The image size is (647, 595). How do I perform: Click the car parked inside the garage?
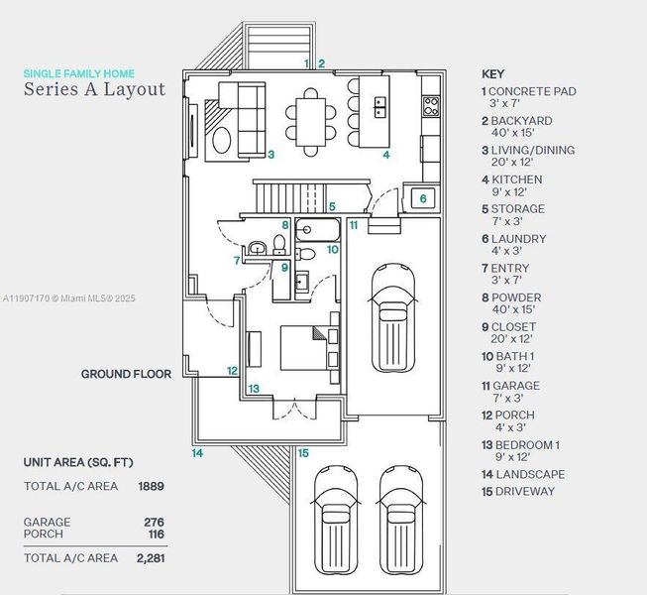click(x=393, y=318)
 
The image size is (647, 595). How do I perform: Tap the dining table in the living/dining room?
click(x=312, y=121)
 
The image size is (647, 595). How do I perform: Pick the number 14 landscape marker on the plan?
click(x=197, y=453)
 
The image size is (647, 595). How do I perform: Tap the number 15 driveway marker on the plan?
click(x=303, y=453)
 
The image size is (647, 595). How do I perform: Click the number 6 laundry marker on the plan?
click(x=423, y=198)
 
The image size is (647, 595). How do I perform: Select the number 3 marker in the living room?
click(x=270, y=155)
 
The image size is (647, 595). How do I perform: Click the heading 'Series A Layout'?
click(x=95, y=89)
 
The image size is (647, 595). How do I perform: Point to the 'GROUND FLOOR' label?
click(x=126, y=374)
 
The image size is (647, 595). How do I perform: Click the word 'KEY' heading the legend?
click(x=492, y=73)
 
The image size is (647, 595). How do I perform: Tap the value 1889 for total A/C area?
click(x=151, y=486)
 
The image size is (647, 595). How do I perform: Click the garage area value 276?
click(x=154, y=522)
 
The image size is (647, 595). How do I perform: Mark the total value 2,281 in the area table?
click(x=149, y=558)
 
